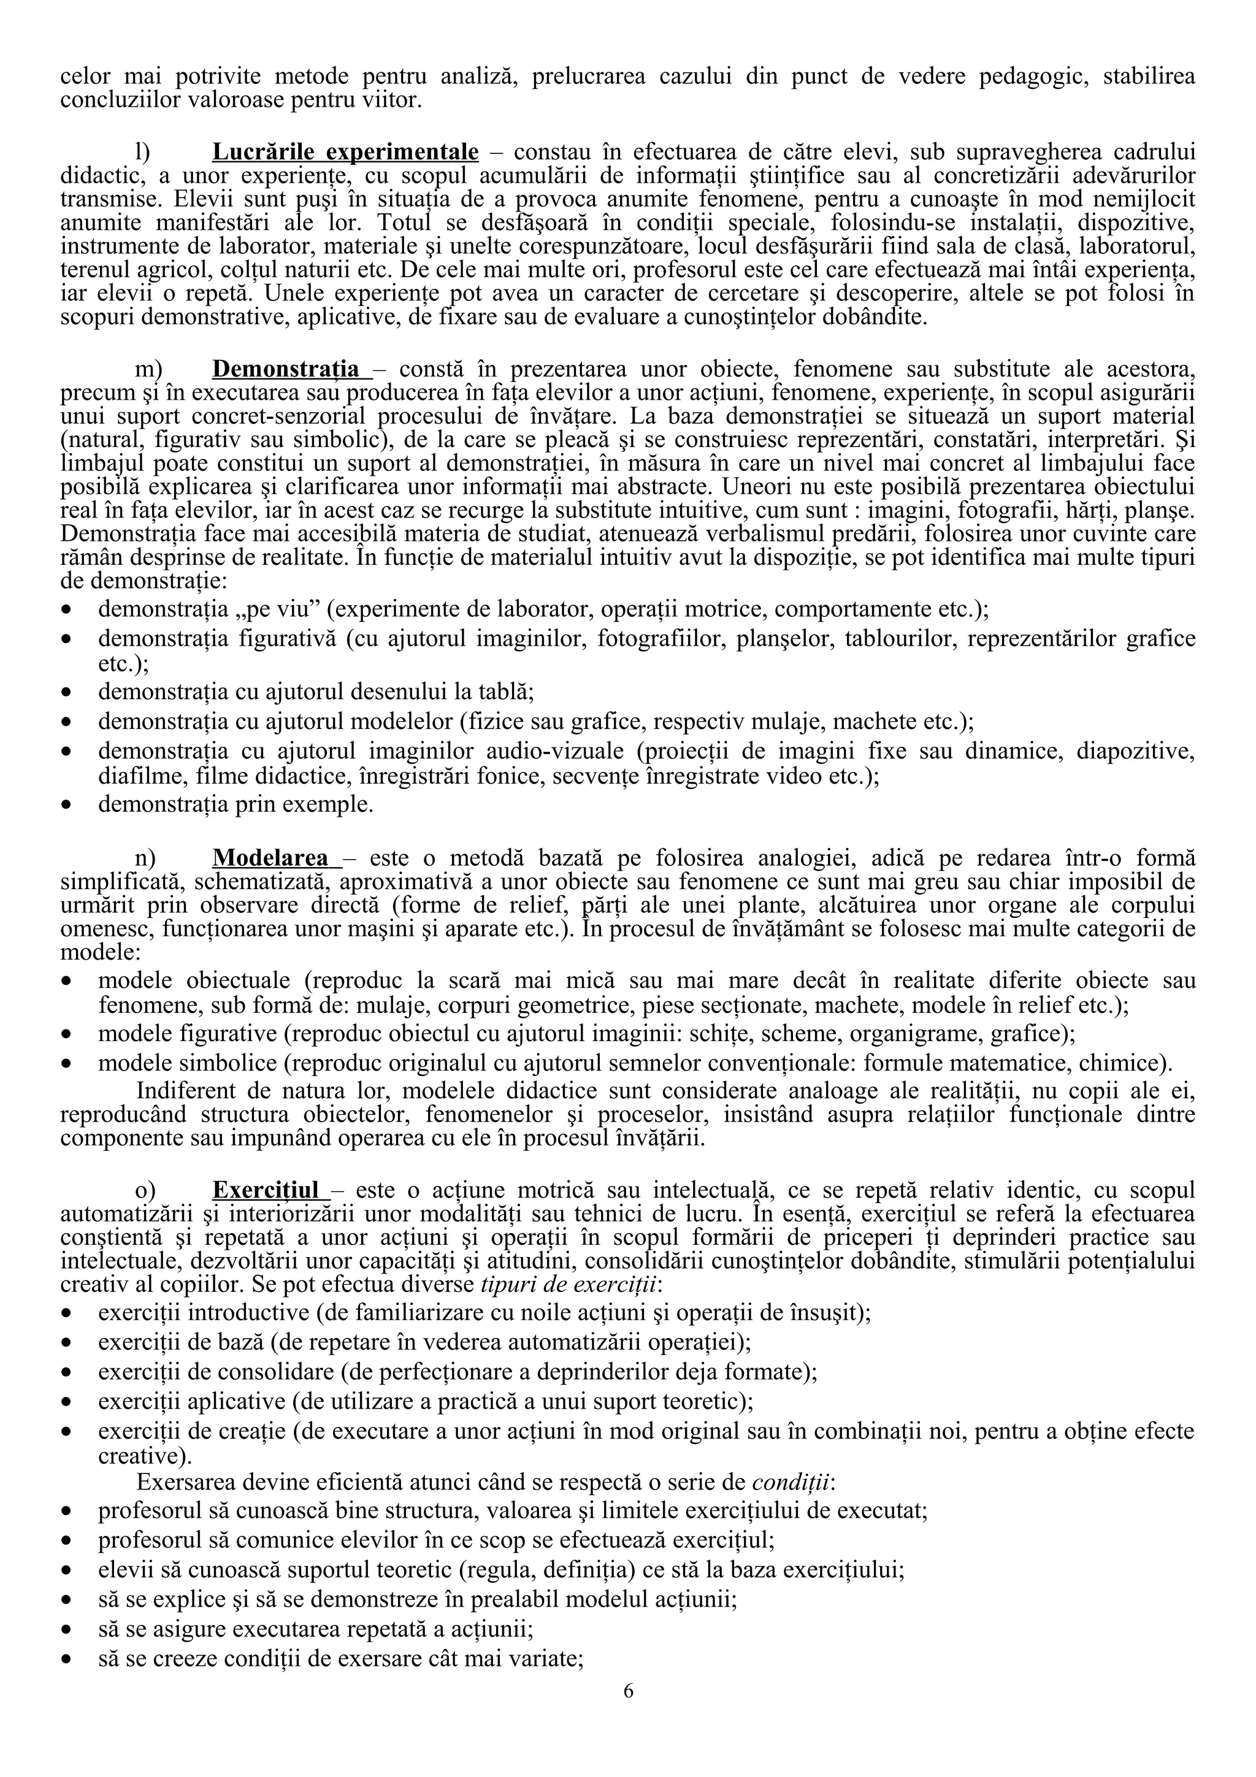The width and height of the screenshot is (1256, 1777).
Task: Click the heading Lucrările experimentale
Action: click(345, 150)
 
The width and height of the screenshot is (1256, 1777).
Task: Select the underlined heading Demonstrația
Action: click(286, 368)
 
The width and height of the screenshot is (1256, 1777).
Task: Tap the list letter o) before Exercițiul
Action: click(145, 1190)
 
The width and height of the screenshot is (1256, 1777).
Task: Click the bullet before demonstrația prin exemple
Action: click(69, 806)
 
